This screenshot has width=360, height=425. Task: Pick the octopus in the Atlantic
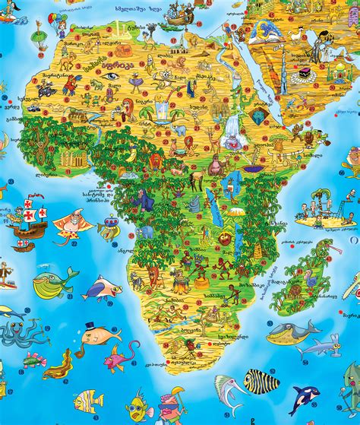coord(17,335)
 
